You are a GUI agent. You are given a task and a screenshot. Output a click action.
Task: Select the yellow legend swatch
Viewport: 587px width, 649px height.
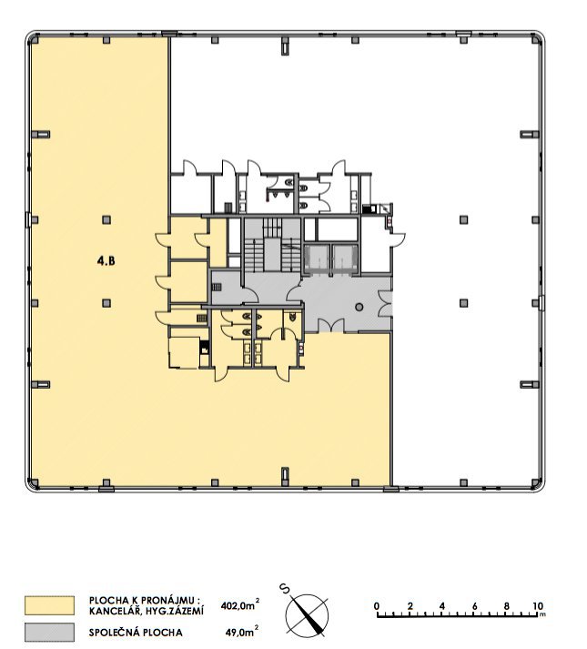pos(49,605)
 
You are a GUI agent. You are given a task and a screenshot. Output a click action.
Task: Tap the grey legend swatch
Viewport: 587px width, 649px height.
pos(49,631)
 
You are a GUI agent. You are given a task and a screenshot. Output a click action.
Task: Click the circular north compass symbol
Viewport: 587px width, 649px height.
pos(307,615)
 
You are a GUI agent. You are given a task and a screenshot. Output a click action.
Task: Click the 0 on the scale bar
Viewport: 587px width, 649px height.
pos(377,605)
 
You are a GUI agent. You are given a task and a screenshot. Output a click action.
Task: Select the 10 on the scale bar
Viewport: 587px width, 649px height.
pos(538,605)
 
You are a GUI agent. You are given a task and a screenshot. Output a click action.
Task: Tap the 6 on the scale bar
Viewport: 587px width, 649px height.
pos(474,605)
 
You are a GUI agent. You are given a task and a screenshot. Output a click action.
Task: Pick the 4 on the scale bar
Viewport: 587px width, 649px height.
pos(441,605)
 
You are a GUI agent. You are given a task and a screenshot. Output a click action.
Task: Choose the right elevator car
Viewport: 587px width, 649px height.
pos(342,258)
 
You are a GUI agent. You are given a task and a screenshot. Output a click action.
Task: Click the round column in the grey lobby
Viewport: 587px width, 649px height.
pos(359,307)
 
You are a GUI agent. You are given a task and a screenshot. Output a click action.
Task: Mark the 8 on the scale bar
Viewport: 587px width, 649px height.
pos(506,605)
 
